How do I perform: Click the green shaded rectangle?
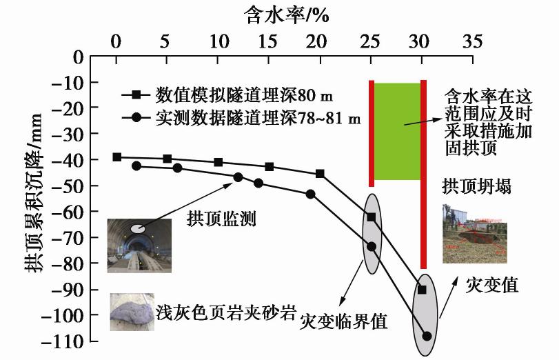pos(396,131)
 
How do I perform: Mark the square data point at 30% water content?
pos(422,290)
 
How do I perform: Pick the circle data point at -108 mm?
pos(427,336)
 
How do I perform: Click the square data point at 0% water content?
pos(117,157)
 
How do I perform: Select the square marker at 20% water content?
pos(320,173)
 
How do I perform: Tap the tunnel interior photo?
pos(138,245)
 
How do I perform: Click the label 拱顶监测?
pos(222,220)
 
